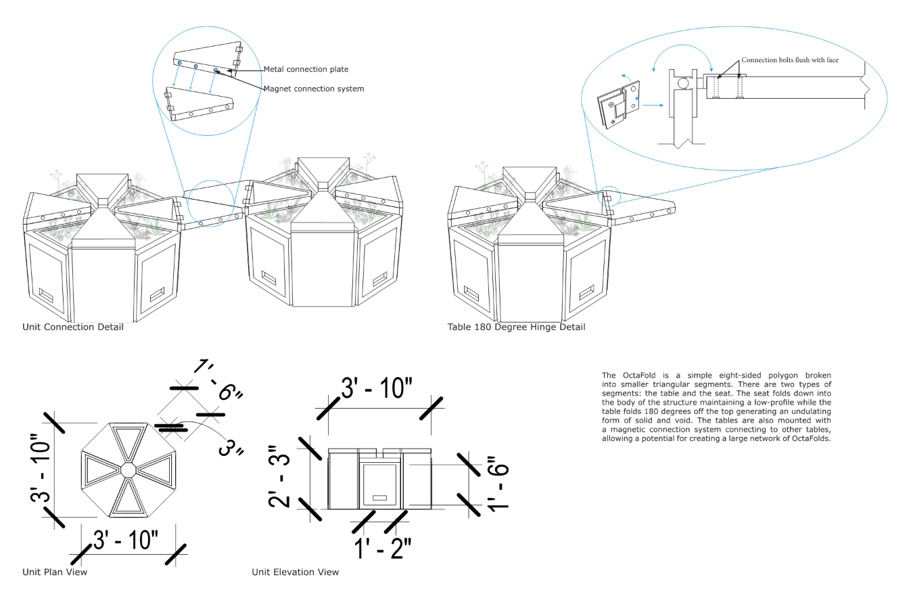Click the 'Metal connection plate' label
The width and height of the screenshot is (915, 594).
[x=306, y=70]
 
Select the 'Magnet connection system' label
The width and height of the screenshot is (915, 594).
[x=313, y=89]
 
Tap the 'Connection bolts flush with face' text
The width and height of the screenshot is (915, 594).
[x=789, y=60]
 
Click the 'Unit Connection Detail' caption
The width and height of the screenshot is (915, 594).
[x=73, y=327]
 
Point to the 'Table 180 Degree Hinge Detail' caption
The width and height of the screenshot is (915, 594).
[x=516, y=327]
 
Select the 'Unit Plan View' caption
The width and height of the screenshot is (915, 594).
[x=55, y=572]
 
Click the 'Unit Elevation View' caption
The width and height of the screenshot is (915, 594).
[x=295, y=572]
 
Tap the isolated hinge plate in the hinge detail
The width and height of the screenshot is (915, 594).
[x=617, y=104]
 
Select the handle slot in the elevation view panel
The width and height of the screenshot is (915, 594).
[x=380, y=498]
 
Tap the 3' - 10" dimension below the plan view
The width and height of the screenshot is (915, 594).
[x=126, y=541]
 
